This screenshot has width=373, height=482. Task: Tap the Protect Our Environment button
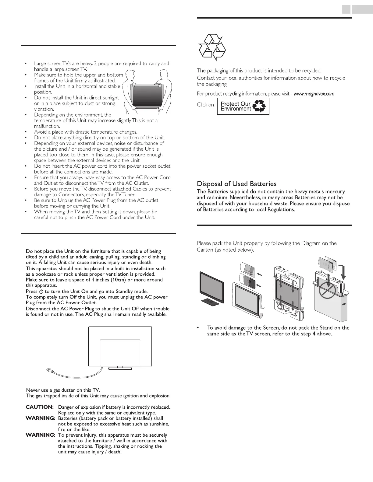pyautogui.click(x=243, y=106)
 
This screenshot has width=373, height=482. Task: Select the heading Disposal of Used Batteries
pyautogui.click(x=236, y=184)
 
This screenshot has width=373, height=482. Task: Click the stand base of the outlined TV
pyautogui.click(x=120, y=368)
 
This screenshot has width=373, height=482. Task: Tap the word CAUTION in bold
pyautogui.click(x=40, y=407)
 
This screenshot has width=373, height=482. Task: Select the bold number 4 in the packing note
pyautogui.click(x=309, y=334)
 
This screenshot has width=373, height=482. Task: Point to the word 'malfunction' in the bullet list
pyautogui.click(x=47, y=126)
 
